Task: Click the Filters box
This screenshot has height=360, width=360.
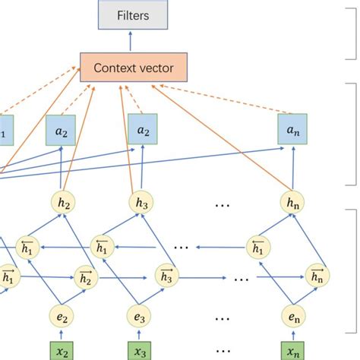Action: pos(134,14)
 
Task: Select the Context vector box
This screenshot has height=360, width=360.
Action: pos(133,68)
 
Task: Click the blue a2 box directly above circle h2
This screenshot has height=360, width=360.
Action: pos(61,130)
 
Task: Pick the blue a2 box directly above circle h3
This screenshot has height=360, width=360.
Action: pos(142,130)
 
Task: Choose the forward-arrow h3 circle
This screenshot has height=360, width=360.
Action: pos(165,276)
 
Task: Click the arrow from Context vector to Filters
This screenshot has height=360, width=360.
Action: pos(134,41)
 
